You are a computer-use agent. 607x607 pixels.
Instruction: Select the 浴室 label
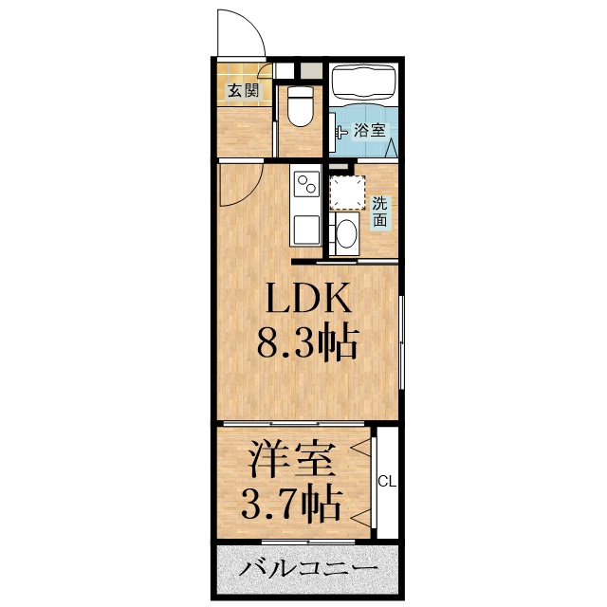(370, 131)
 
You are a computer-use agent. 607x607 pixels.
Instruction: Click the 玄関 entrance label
(243, 92)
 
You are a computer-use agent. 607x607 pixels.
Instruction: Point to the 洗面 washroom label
(379, 212)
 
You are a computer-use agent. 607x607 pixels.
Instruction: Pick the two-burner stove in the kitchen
(306, 184)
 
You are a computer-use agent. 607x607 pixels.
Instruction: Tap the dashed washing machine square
(345, 192)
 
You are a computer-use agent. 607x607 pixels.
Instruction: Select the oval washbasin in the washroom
(346, 233)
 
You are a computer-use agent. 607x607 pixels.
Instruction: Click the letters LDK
(308, 301)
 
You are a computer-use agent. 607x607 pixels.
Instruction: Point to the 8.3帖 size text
(308, 341)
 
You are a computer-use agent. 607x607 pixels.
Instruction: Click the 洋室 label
(292, 464)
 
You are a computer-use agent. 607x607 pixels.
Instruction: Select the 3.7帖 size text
(292, 504)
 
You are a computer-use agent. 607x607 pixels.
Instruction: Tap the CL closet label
(387, 482)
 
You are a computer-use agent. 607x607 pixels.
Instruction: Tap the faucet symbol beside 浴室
(341, 132)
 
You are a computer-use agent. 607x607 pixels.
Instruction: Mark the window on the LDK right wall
(402, 341)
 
